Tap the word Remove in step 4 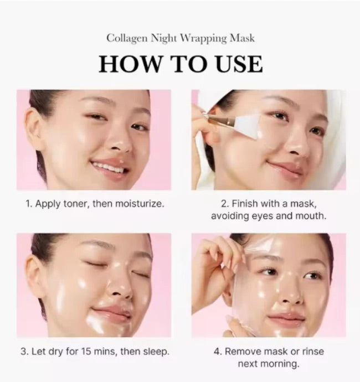244,351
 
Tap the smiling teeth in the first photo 108,167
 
